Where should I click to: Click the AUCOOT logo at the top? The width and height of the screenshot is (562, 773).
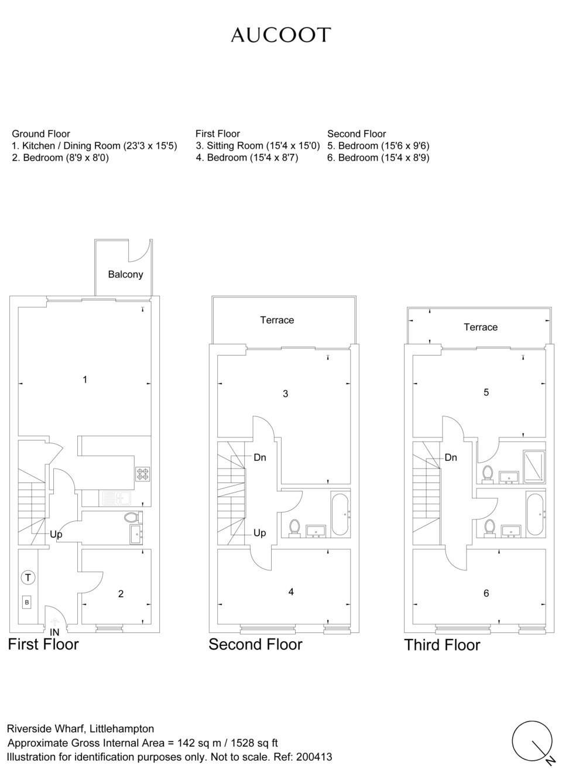281,35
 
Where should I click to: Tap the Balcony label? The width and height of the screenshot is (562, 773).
125,274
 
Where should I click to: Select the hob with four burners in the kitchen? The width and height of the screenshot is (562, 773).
143,474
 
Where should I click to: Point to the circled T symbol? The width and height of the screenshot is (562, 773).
28,577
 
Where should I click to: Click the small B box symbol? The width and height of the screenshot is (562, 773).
27,603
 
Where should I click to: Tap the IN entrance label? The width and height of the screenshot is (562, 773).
54,632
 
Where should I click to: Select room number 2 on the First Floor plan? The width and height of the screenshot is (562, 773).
121,594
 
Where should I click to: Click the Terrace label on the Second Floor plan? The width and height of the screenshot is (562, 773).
277,320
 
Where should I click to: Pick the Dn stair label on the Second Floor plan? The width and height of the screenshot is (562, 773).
260,457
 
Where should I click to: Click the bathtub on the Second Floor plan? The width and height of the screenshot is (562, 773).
341,515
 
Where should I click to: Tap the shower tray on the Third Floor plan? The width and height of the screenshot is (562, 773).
534,466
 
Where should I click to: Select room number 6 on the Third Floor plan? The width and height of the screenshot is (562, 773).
486,593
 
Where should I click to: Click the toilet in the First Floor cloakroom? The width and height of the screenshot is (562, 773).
132,517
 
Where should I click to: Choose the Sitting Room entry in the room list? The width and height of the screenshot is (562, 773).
258,146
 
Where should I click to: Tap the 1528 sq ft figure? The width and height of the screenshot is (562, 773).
254,743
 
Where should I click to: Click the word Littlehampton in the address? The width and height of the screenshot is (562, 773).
122,728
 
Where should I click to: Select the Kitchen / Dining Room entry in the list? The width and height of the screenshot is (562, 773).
94,146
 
